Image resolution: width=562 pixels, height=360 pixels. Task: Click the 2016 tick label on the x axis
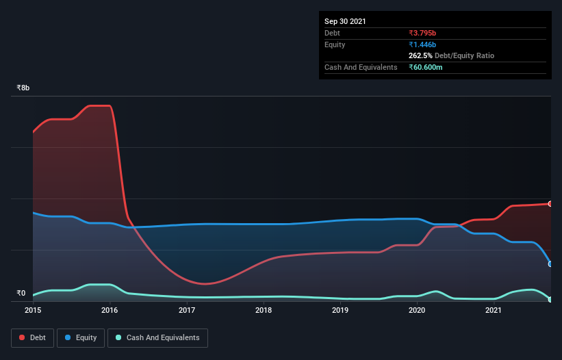click(x=110, y=311)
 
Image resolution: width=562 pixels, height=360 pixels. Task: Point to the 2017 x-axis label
click(x=187, y=311)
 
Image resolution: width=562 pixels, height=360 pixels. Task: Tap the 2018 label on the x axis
click(x=264, y=311)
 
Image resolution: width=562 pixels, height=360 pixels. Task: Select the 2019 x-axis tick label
click(x=340, y=311)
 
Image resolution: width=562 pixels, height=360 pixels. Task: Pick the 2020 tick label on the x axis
click(x=418, y=311)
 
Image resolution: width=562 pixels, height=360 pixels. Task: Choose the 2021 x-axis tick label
click(x=494, y=311)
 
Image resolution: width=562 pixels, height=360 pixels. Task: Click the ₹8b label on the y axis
click(x=23, y=88)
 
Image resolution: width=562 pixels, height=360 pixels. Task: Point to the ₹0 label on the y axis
click(x=22, y=293)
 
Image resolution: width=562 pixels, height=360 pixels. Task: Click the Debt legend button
click(x=31, y=337)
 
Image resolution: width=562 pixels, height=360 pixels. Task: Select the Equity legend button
click(x=81, y=337)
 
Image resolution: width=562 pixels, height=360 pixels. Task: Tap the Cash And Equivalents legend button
click(x=157, y=337)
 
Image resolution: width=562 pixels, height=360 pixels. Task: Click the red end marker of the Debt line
click(x=550, y=204)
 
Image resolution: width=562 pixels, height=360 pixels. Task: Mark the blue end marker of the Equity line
click(x=550, y=263)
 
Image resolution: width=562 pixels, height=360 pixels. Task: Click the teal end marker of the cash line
click(x=550, y=299)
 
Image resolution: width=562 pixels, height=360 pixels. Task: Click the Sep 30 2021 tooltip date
click(x=345, y=21)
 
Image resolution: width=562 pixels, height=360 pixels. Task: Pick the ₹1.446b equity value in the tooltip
click(x=422, y=44)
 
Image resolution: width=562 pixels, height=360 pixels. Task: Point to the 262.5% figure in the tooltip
click(x=421, y=56)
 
